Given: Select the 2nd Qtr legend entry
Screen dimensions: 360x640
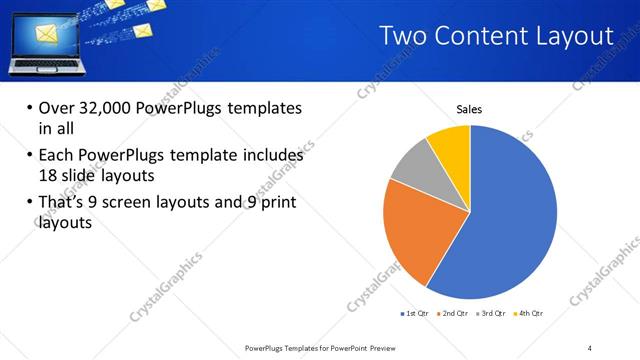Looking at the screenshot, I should [x=456, y=314].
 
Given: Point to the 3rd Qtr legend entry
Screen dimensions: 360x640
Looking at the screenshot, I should [x=493, y=314].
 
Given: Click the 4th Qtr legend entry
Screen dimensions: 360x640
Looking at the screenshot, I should [x=530, y=314].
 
